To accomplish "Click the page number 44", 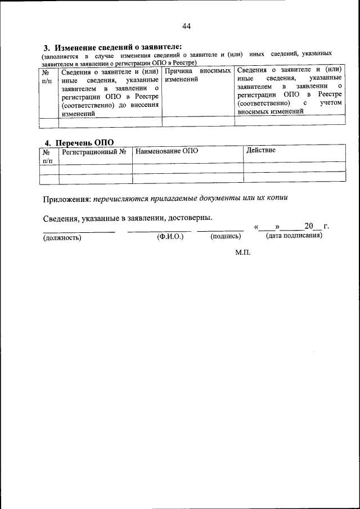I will pos(187,26).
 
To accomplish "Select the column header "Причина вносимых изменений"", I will pos(197,76).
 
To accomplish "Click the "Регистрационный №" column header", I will pos(93,152).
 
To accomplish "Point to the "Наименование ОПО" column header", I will pos(167,151).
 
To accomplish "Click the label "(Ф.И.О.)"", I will pos(170,237).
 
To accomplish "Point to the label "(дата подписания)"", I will pos(294,236).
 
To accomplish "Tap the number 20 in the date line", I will pos(308,227).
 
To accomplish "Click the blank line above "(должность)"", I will pos(79,230).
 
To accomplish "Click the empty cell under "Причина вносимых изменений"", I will pos(197,121).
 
